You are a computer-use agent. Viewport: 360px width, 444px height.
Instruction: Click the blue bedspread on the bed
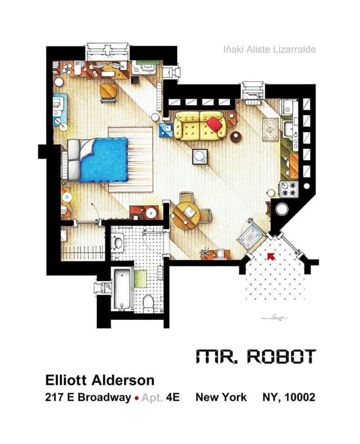coord(104,159)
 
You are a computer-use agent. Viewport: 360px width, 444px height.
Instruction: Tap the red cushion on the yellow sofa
coord(214,124)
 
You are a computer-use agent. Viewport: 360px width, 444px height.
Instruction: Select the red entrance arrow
coord(271,256)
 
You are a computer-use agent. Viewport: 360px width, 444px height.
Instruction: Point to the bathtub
coord(123,289)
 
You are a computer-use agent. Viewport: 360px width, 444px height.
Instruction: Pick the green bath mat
coord(140,279)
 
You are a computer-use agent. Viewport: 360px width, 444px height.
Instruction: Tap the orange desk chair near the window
coord(108,92)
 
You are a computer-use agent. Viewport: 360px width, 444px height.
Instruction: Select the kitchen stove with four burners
coord(288,189)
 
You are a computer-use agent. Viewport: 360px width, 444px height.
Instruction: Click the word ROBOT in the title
coord(281,356)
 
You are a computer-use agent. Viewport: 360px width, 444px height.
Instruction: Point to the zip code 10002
coord(300,397)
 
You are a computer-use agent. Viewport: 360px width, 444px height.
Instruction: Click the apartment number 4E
coord(173,397)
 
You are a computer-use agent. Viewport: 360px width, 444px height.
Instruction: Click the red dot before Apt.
coord(137,398)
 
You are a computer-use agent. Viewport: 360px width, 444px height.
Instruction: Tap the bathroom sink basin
coord(118,243)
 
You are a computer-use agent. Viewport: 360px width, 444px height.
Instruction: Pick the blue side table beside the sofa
coord(166,130)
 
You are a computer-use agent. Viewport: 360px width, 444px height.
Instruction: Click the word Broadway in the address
coord(104,397)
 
